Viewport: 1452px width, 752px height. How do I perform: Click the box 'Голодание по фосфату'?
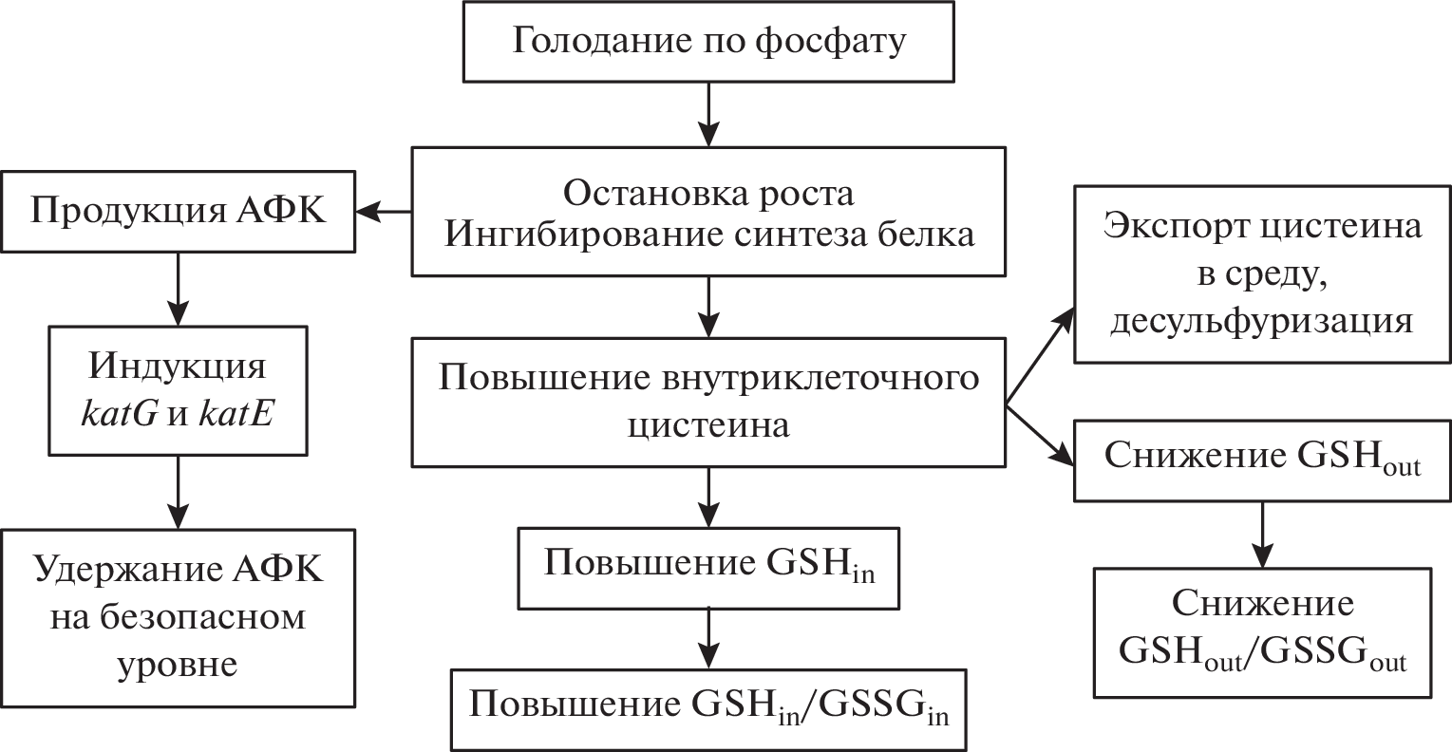coord(708,43)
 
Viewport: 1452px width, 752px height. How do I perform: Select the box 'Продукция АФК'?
coord(179,212)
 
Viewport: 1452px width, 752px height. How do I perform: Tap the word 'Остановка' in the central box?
coord(638,193)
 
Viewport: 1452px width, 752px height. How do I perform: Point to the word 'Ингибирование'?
coord(567,235)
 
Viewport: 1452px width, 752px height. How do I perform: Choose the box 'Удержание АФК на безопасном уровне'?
coord(179,618)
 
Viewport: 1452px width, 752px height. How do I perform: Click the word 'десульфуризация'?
coord(1262,321)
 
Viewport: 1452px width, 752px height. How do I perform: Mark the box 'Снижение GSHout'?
coord(1262,460)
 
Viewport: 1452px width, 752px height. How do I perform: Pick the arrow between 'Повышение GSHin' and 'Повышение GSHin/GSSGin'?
coord(708,638)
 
